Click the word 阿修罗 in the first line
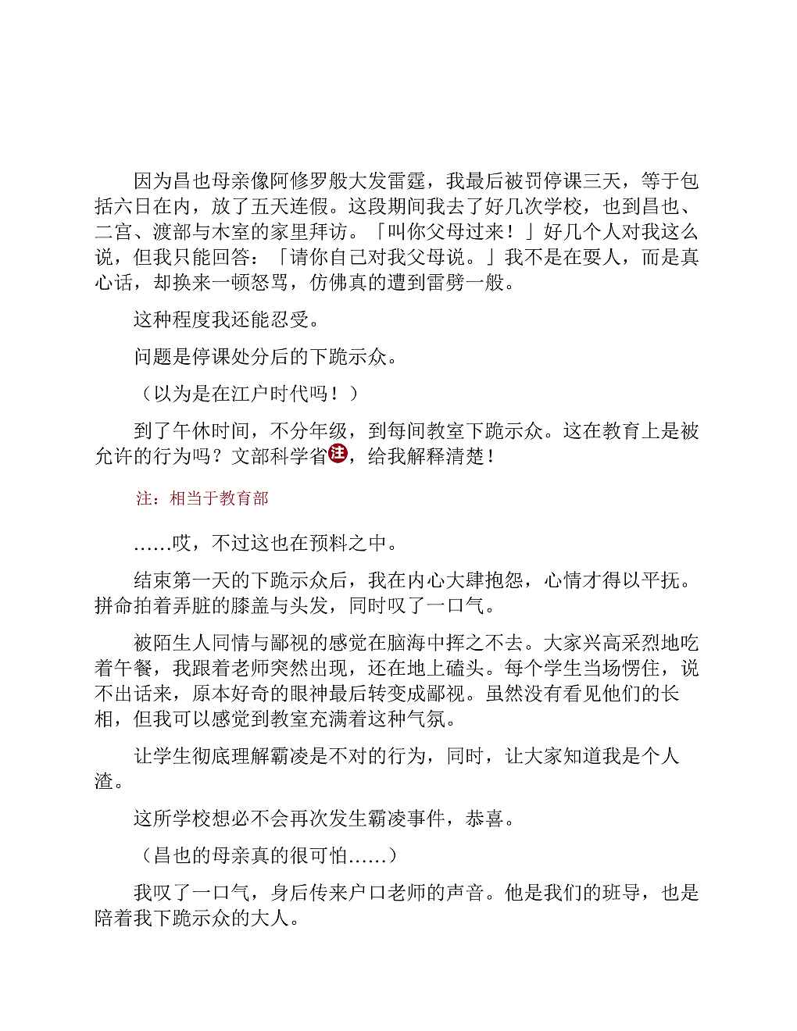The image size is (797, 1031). tap(300, 182)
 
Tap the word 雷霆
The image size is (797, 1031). tap(407, 182)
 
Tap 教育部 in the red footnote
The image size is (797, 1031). tap(245, 498)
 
